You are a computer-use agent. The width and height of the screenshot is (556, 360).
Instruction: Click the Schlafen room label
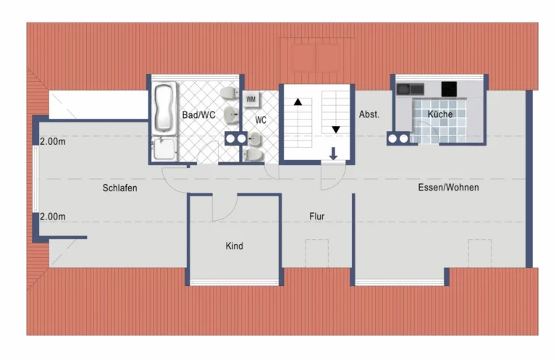coord(120,188)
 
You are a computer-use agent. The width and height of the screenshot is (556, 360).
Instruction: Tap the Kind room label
coord(235,246)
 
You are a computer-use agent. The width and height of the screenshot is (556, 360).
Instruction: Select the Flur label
coord(316,216)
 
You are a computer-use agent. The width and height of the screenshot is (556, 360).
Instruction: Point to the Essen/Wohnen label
coord(448,188)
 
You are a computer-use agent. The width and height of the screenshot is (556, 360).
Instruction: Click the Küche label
coord(440,114)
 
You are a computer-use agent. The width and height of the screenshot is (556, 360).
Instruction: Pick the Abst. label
coord(369,114)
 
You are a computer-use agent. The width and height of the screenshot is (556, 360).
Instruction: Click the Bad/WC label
coord(198,115)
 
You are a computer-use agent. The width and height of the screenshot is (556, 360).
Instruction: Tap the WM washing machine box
coord(251,99)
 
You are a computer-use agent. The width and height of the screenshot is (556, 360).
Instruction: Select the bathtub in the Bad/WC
coord(165,108)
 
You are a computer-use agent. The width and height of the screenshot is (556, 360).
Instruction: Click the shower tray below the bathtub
coord(164,149)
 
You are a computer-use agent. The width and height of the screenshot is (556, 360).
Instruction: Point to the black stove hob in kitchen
coord(449,89)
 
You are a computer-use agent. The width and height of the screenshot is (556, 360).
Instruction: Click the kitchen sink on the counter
coord(410,89)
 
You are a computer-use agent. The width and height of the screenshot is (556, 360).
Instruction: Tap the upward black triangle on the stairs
coord(298,102)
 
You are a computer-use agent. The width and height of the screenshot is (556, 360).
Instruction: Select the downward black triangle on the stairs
coord(336,130)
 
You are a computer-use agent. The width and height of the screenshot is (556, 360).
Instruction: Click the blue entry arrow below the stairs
coord(333,154)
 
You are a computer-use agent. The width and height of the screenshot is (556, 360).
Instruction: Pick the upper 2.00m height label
coord(52,141)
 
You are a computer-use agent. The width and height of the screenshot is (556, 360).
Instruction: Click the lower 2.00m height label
coord(52,217)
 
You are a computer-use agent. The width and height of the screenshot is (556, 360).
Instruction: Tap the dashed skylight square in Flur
coord(317,253)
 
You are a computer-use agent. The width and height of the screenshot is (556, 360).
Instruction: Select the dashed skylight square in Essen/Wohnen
coord(480,253)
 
